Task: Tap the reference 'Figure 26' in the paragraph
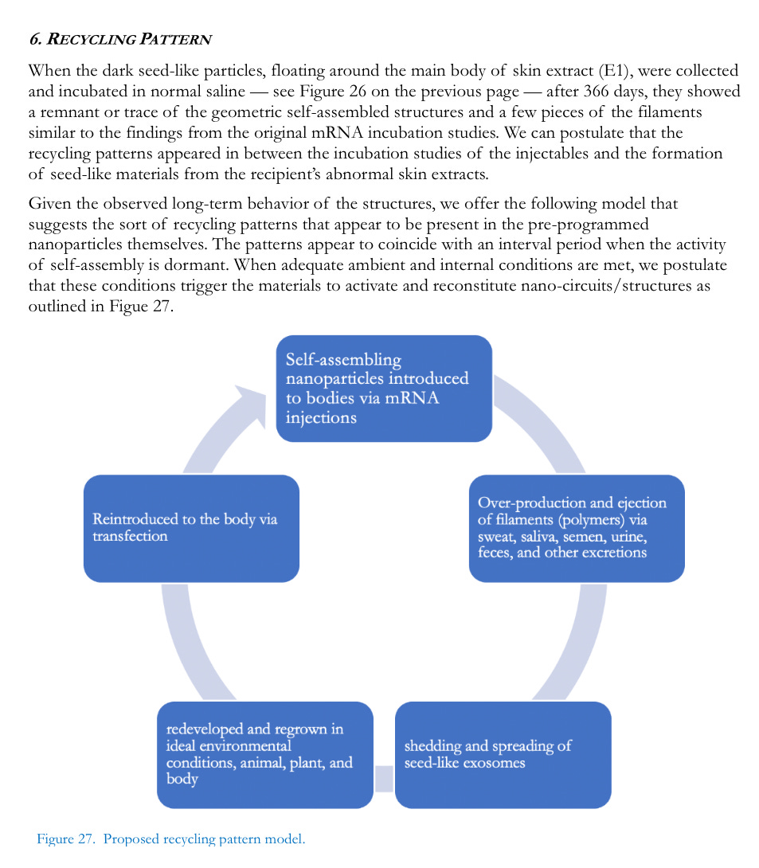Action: coord(331,92)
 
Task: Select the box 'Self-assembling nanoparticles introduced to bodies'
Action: coord(384,389)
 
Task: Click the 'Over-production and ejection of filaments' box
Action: coord(577,528)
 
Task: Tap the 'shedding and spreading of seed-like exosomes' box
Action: coord(503,754)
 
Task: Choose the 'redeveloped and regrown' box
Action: coord(265,754)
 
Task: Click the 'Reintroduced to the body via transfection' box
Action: coord(191,528)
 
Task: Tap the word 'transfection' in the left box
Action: coord(130,537)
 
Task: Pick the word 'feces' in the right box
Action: coord(493,553)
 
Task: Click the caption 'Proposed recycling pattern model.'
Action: coord(204,839)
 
